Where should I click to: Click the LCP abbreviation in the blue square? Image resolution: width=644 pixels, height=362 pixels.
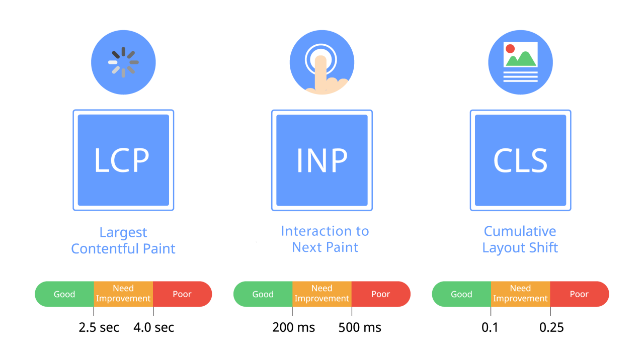[x=122, y=160]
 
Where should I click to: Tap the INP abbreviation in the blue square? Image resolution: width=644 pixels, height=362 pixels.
[x=321, y=160]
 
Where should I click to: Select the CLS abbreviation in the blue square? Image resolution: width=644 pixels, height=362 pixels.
[x=520, y=160]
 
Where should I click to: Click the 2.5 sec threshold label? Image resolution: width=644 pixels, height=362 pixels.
[x=99, y=327]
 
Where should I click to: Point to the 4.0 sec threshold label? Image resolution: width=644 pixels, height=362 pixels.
[x=154, y=327]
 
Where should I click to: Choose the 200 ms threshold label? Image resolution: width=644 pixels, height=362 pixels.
[x=294, y=327]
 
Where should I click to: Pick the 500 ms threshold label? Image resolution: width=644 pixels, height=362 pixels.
[x=360, y=327]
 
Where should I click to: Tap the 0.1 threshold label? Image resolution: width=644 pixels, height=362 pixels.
[x=490, y=327]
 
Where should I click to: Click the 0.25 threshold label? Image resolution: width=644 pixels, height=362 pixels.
[x=551, y=327]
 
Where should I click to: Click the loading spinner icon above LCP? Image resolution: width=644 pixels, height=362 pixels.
[x=123, y=62]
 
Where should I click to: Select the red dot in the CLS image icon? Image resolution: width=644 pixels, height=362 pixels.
[x=510, y=49]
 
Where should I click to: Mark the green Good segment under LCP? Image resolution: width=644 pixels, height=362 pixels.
[x=64, y=294]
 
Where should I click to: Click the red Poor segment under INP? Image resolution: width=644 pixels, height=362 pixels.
[x=381, y=294]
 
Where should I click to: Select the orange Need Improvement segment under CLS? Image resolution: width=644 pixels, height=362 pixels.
[x=520, y=294]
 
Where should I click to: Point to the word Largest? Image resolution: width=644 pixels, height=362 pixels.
[x=123, y=233]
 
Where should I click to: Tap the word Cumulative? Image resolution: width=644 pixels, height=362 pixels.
[x=520, y=231]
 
